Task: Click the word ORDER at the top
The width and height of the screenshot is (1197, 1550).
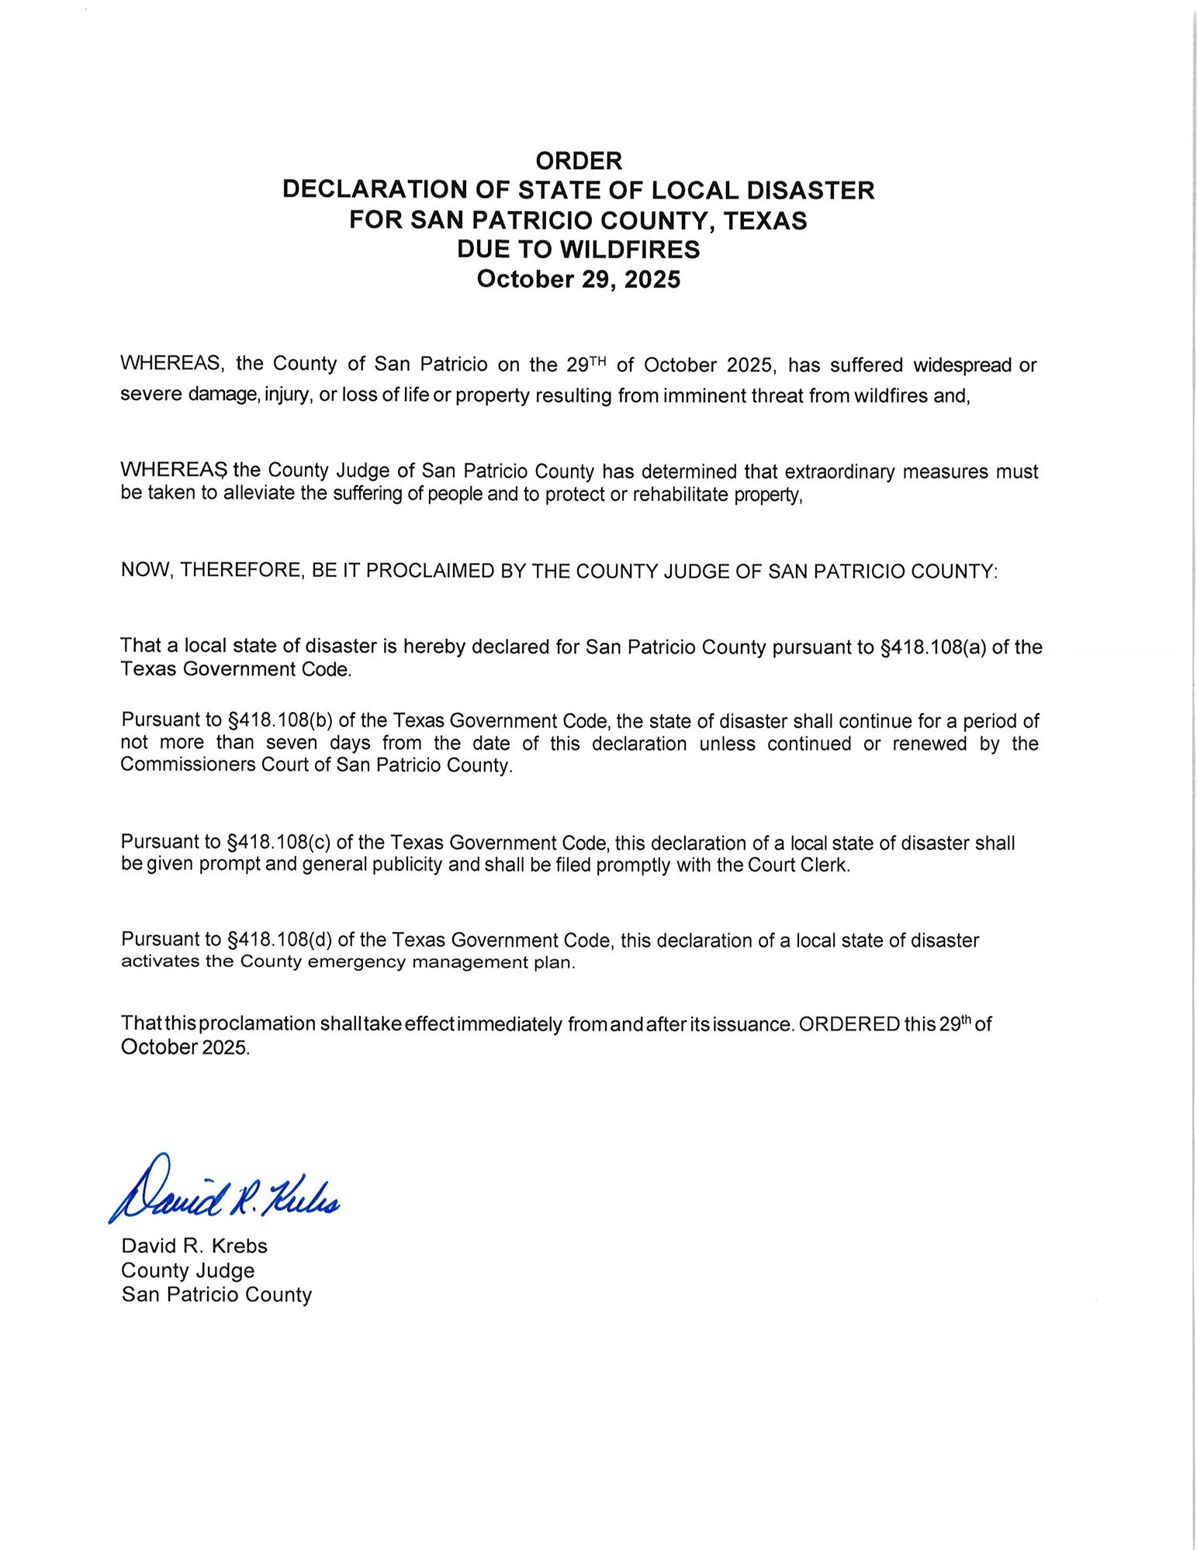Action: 579,161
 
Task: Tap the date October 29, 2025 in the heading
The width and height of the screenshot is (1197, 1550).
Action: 579,279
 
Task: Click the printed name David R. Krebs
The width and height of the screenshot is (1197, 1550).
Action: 194,1246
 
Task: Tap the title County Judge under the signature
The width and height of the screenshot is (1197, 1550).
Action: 188,1270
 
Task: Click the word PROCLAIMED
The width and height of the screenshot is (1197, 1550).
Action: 425,571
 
